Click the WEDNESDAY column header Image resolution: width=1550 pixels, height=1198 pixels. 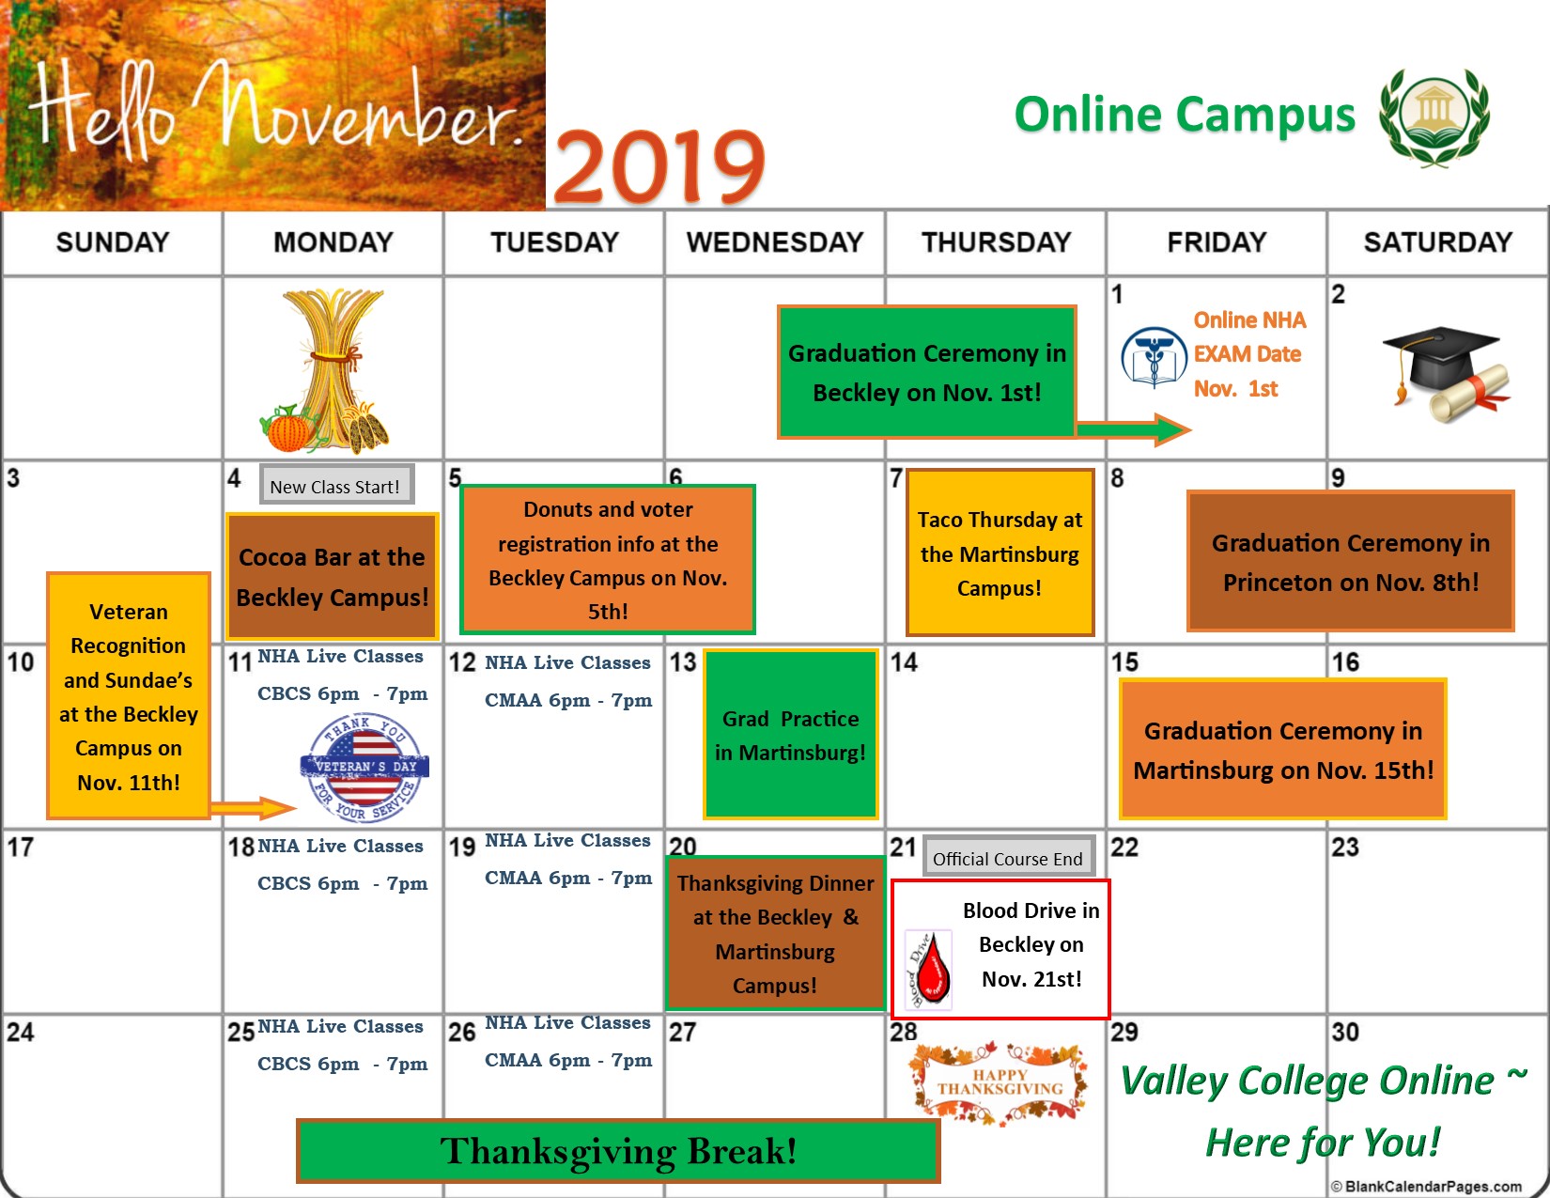coord(774,242)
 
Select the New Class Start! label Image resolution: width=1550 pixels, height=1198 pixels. coord(335,486)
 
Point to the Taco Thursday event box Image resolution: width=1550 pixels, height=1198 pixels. coord(1000,553)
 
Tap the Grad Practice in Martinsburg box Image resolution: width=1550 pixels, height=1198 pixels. coord(790,735)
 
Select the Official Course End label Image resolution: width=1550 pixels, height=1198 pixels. coord(1008,858)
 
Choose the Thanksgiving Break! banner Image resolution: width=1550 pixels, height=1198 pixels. coord(618,1151)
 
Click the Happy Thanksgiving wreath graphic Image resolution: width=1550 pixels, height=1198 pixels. coord(1000,1082)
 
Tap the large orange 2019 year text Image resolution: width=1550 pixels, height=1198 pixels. coord(659,167)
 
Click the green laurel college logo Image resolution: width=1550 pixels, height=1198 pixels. coord(1434,116)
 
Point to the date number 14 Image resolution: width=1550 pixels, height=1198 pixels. coord(904,662)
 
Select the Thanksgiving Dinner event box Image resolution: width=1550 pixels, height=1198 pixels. coord(775,934)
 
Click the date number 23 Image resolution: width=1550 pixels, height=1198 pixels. coord(1344,848)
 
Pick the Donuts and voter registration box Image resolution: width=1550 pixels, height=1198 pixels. coord(608,560)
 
